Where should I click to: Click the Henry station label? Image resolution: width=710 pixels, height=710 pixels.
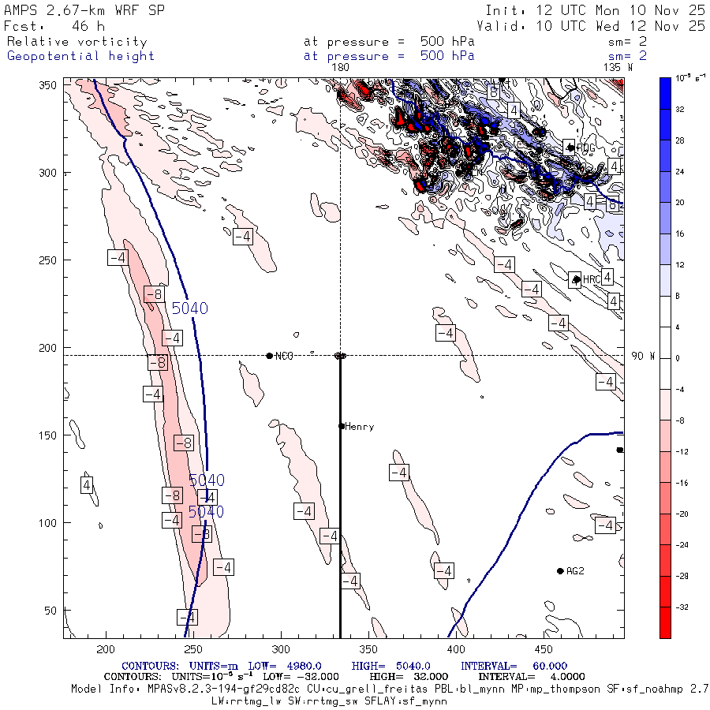pyautogui.click(x=359, y=427)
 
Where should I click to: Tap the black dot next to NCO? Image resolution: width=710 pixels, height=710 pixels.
pyautogui.click(x=270, y=356)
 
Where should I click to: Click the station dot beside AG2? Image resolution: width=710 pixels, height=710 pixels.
pyautogui.click(x=560, y=571)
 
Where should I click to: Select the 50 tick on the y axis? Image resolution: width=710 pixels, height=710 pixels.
pyautogui.click(x=52, y=611)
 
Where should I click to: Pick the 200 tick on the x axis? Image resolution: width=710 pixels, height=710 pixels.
pyautogui.click(x=105, y=648)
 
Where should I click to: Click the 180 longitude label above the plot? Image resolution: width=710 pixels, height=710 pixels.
pyautogui.click(x=340, y=68)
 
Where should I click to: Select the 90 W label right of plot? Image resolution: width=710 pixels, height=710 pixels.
pyautogui.click(x=643, y=356)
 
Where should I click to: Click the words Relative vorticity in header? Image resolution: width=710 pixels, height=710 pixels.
pyautogui.click(x=77, y=42)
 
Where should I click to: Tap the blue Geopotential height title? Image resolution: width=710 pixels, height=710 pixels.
pyautogui.click(x=80, y=56)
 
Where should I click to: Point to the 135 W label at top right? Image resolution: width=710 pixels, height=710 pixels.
pyautogui.click(x=617, y=68)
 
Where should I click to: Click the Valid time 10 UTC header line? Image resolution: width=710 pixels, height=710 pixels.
pyautogui.click(x=591, y=26)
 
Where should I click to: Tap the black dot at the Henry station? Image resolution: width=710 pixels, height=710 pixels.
pyautogui.click(x=342, y=426)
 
